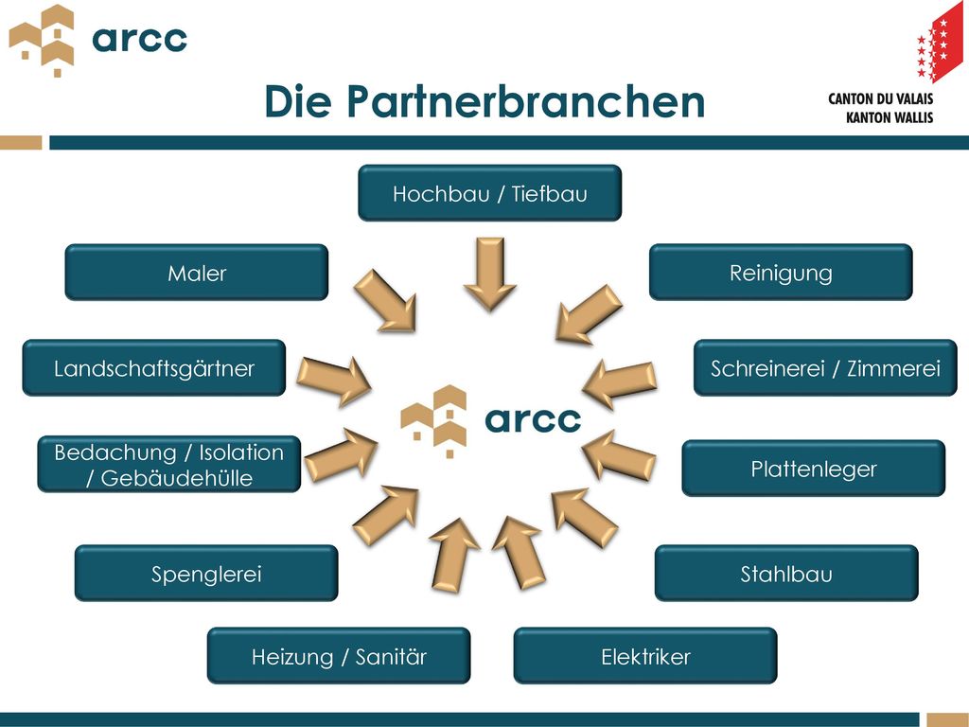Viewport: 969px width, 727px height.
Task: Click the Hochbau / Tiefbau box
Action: point(489,193)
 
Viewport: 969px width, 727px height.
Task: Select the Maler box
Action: point(197,272)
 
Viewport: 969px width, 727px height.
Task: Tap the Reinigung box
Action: point(781,272)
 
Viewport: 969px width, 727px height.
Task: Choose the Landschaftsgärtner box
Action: point(154,368)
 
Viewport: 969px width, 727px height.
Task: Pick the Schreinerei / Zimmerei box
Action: point(825,368)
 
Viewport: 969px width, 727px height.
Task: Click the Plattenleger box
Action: point(813,468)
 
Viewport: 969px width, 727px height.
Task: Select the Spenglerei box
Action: point(206,573)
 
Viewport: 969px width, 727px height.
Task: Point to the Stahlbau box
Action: point(786,573)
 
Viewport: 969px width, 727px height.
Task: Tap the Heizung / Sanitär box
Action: point(339,656)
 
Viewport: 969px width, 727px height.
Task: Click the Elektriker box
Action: point(645,656)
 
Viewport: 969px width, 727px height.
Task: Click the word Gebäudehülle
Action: point(176,478)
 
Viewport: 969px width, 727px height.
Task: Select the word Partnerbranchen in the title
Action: point(525,101)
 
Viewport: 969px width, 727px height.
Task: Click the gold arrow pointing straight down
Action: point(490,274)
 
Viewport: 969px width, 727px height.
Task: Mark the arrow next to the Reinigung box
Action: point(589,314)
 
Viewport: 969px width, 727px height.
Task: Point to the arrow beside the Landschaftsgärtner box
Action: point(334,380)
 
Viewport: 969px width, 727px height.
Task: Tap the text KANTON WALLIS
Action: point(890,117)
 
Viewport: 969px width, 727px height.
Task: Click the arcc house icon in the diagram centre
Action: point(433,421)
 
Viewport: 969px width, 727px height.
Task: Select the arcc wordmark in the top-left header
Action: point(139,40)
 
